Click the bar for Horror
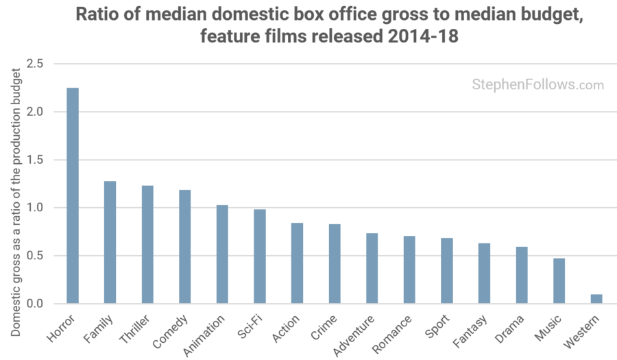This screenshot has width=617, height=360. pyautogui.click(x=72, y=195)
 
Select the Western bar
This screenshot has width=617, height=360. pyautogui.click(x=596, y=299)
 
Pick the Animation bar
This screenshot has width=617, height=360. pyautogui.click(x=222, y=254)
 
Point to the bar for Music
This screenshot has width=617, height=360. pyautogui.click(x=559, y=280)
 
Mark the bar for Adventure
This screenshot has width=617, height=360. pyautogui.click(x=372, y=268)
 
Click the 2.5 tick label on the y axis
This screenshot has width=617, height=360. pyautogui.click(x=35, y=64)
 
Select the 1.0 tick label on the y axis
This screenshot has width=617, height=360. pyautogui.click(x=35, y=208)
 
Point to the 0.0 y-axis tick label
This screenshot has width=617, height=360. pyautogui.click(x=35, y=304)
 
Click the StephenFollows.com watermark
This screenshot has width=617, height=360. pyautogui.click(x=537, y=85)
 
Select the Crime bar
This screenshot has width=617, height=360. pyautogui.click(x=335, y=263)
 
